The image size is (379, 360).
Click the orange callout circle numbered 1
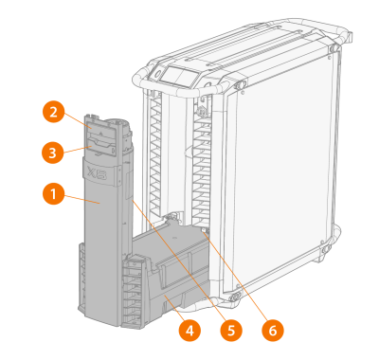[x=53, y=193]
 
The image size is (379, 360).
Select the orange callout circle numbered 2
[x=54, y=112]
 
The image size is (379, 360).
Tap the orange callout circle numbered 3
[x=53, y=153]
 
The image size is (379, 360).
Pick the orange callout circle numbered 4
[x=189, y=331]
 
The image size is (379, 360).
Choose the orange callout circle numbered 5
[x=231, y=331]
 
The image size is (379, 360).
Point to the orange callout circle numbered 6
[x=273, y=331]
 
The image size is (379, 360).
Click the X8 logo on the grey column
[x=97, y=173]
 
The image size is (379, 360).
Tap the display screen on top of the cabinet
[x=179, y=76]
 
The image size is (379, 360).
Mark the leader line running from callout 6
[x=236, y=278]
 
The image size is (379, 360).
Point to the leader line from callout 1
[x=82, y=200]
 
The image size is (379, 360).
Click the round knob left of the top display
[x=155, y=73]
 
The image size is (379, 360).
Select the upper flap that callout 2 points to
[x=100, y=130]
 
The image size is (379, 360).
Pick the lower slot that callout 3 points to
[x=100, y=148]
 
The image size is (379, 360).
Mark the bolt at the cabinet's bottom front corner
[x=235, y=297]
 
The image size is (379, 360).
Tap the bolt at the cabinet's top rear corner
[x=334, y=48]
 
